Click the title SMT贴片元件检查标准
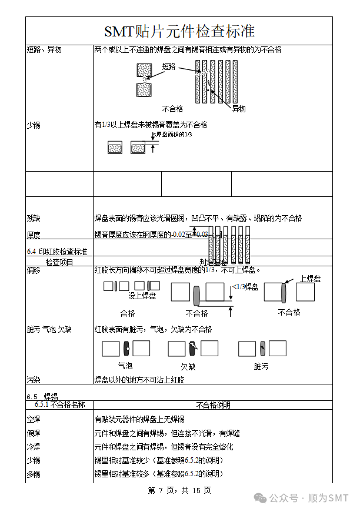179,31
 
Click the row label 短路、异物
44,50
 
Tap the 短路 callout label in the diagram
169,66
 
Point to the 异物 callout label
238,108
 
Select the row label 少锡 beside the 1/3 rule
34,125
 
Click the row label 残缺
34,218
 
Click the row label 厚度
34,235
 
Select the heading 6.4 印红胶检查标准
57,252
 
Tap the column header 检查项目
59,262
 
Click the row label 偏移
34,270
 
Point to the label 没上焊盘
142,296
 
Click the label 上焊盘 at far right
310,279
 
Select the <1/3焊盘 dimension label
245,287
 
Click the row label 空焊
34,419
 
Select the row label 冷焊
34,447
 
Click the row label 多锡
34,474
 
